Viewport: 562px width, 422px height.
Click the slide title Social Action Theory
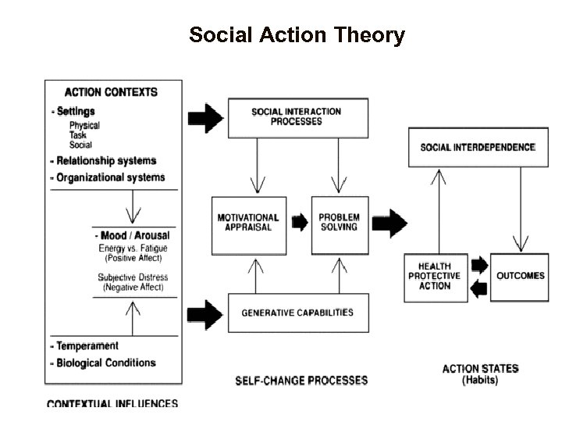(x=297, y=35)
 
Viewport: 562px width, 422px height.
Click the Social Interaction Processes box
(x=297, y=117)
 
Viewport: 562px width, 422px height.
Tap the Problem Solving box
(x=340, y=223)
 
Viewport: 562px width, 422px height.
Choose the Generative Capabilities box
(x=297, y=313)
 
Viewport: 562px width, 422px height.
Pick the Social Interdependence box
(x=478, y=147)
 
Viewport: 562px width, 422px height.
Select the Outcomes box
(x=521, y=276)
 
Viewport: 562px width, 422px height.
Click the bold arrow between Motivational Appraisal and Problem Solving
(x=300, y=223)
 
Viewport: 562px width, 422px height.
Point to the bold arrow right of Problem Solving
(x=388, y=222)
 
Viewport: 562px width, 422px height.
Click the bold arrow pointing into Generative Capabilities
(x=205, y=313)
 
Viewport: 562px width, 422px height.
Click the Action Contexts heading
(x=111, y=91)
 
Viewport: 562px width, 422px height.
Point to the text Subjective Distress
(x=133, y=277)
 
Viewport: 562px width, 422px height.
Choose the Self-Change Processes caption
(x=301, y=381)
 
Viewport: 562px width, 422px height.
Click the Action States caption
(x=480, y=369)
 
